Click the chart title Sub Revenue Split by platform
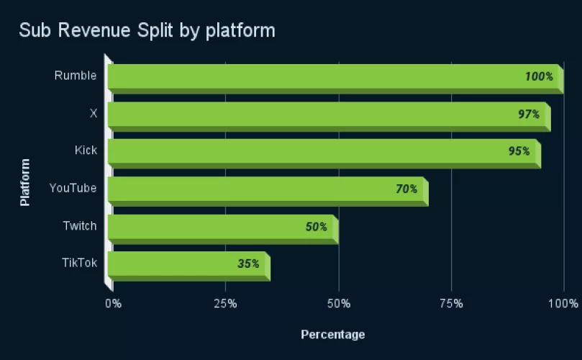[147, 30]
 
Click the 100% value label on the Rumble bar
[539, 76]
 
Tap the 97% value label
[529, 114]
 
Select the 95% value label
[519, 151]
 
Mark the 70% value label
[406, 189]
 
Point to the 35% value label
[248, 264]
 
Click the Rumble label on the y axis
[76, 76]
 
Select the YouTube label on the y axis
[73, 188]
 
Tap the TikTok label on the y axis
[79, 263]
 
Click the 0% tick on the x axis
[114, 303]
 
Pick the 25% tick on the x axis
[225, 303]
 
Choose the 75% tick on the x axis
[451, 303]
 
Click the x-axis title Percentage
[332, 334]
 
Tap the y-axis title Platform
[25, 182]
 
